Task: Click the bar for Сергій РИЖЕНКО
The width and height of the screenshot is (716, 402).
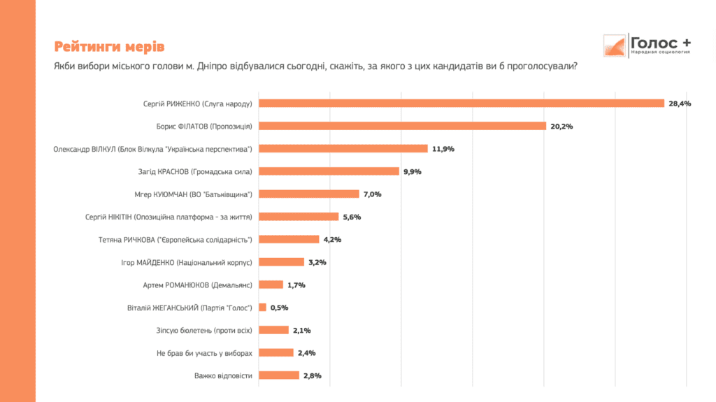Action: point(461,103)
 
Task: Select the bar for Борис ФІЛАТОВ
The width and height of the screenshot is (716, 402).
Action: point(402,126)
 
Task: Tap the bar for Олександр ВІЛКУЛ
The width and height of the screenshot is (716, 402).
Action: point(343,148)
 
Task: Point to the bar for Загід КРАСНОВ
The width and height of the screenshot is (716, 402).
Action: point(329,171)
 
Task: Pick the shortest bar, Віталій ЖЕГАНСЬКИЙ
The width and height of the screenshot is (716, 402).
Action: point(262,308)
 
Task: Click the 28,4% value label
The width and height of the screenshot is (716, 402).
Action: point(680,103)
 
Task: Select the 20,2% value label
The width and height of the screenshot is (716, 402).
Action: point(561,127)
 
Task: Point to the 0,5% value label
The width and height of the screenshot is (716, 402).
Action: point(279,308)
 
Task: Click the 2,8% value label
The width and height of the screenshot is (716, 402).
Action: point(312,376)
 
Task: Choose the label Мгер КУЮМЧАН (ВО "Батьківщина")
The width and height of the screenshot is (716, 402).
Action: point(199,194)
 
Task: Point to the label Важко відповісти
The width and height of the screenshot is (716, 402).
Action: point(223,376)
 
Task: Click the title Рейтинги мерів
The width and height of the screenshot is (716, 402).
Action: point(109,47)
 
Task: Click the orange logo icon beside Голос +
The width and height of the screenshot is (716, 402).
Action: point(615,45)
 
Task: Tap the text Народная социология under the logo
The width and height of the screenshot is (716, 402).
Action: point(659,53)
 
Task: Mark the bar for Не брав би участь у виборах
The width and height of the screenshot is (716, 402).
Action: point(275,353)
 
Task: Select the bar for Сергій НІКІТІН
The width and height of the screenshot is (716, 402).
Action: point(299,217)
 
